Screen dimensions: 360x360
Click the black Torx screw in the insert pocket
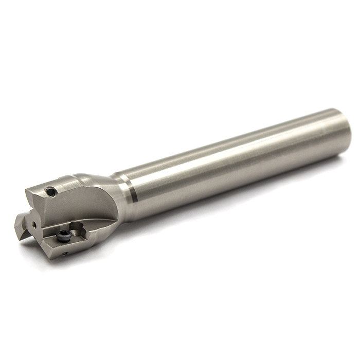pyautogui.click(x=64, y=236)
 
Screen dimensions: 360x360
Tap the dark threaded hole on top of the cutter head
pyautogui.click(x=50, y=192)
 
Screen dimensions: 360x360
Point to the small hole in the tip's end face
pyautogui.click(x=34, y=225)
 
